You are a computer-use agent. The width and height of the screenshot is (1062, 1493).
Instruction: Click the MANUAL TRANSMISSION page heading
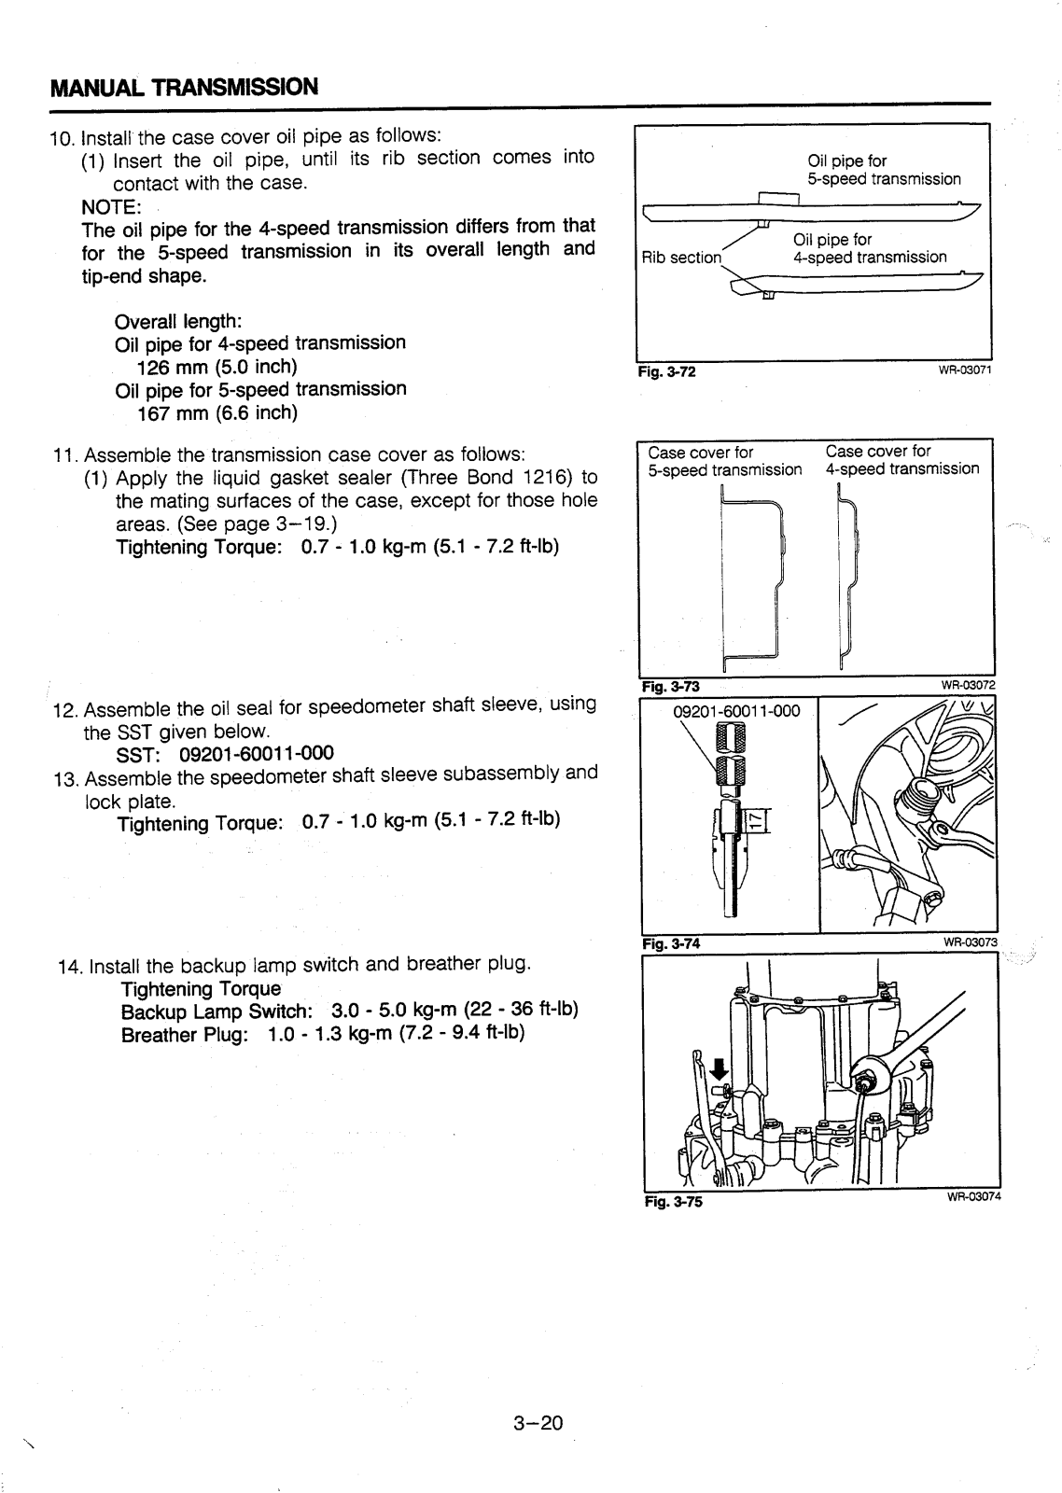coord(184,87)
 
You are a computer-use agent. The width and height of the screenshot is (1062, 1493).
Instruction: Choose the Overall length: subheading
coord(178,321)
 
